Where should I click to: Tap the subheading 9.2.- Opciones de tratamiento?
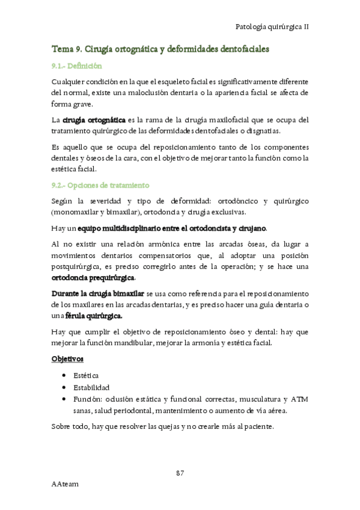pyautogui.click(x=100, y=185)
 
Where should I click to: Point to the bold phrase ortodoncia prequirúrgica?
pyautogui.click(x=93, y=277)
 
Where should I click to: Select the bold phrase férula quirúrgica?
pyautogui.click(x=93, y=316)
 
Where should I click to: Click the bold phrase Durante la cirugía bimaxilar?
pyautogui.click(x=97, y=293)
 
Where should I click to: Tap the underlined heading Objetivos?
pyautogui.click(x=66, y=359)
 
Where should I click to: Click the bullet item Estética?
pyautogui.click(x=86, y=375)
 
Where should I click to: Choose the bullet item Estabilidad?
pyautogui.click(x=91, y=387)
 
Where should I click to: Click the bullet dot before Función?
pyautogui.click(x=64, y=399)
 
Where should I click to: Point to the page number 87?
pyautogui.click(x=180, y=473)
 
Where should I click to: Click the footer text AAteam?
pyautogui.click(x=65, y=484)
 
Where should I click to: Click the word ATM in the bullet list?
pyautogui.click(x=299, y=399)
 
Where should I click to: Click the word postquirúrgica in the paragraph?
pyautogui.click(x=81, y=266)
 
